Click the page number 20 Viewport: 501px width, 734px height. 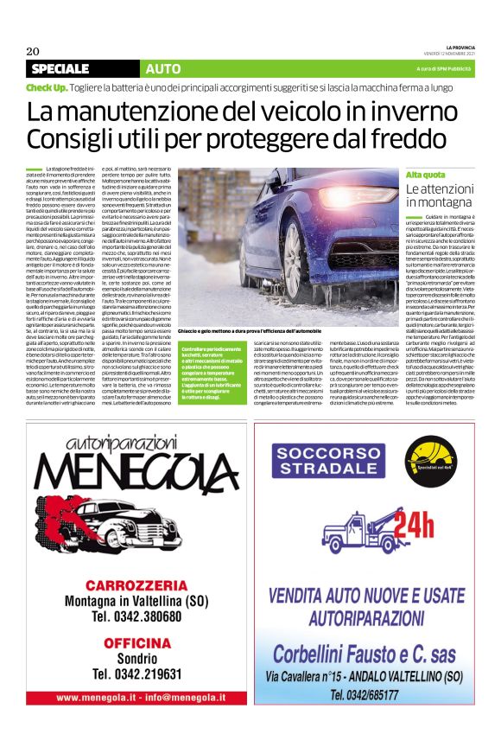click(x=33, y=50)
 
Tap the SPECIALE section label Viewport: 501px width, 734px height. click(x=66, y=68)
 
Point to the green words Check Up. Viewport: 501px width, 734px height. click(x=47, y=88)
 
